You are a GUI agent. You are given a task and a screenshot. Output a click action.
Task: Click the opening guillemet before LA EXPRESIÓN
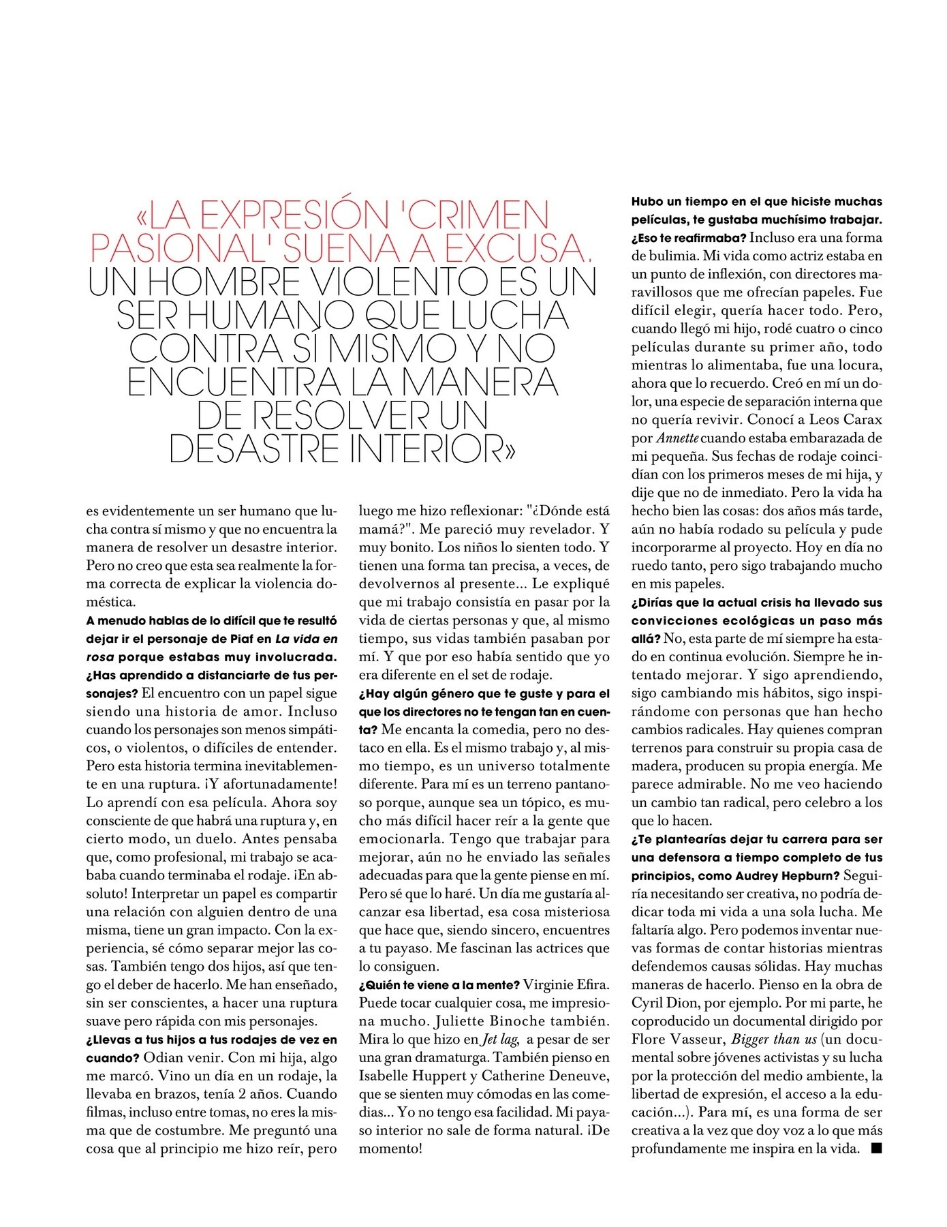(142, 215)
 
